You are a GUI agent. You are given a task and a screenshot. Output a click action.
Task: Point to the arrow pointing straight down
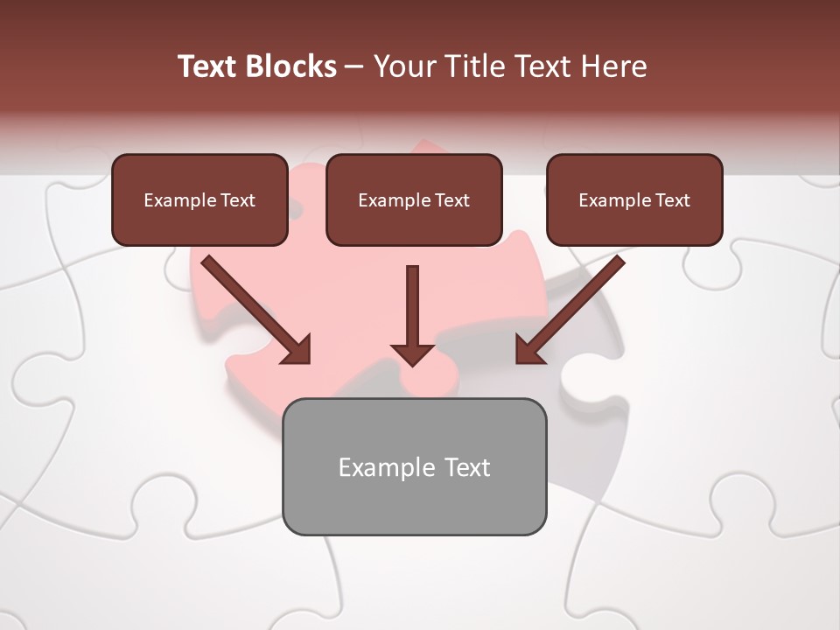coord(412,306)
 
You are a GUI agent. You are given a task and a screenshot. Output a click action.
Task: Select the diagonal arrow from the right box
coord(573,306)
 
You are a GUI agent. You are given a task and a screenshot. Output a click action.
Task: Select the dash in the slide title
coord(354,66)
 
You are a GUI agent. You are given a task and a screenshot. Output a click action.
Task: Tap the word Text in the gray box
coord(467,467)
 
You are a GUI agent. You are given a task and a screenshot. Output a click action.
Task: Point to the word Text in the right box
coord(672,200)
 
